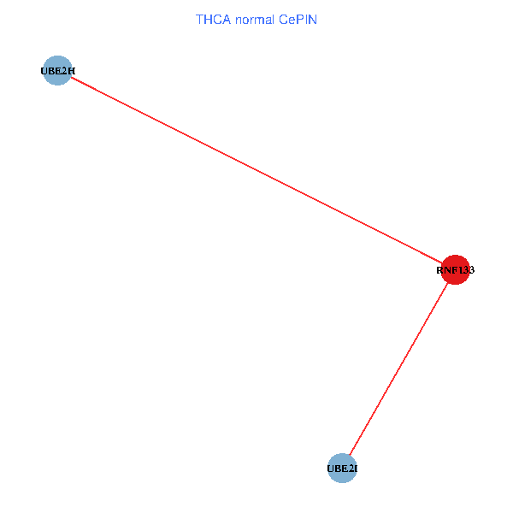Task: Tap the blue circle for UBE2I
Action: tap(341, 469)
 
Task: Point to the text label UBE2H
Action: tap(57, 71)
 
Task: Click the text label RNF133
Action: tap(455, 270)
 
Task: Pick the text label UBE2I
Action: tap(342, 469)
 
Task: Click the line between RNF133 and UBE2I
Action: tap(398, 369)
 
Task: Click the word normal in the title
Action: tap(253, 19)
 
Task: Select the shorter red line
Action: tap(398, 369)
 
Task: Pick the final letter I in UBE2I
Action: tap(354, 469)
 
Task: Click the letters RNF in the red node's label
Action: tap(445, 270)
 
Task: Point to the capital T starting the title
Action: tap(199, 19)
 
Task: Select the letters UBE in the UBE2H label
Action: tap(50, 71)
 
